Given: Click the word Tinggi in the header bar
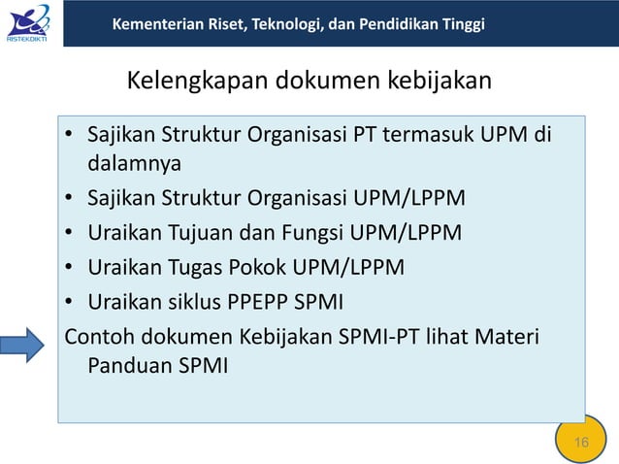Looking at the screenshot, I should pyautogui.click(x=463, y=23).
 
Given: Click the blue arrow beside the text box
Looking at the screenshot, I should pyautogui.click(x=22, y=343).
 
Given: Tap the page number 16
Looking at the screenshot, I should pyautogui.click(x=581, y=443).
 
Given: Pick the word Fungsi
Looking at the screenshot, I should pyautogui.click(x=318, y=232).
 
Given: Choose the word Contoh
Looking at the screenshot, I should pyautogui.click(x=99, y=337).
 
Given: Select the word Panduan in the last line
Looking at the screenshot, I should pyautogui.click(x=130, y=367).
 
